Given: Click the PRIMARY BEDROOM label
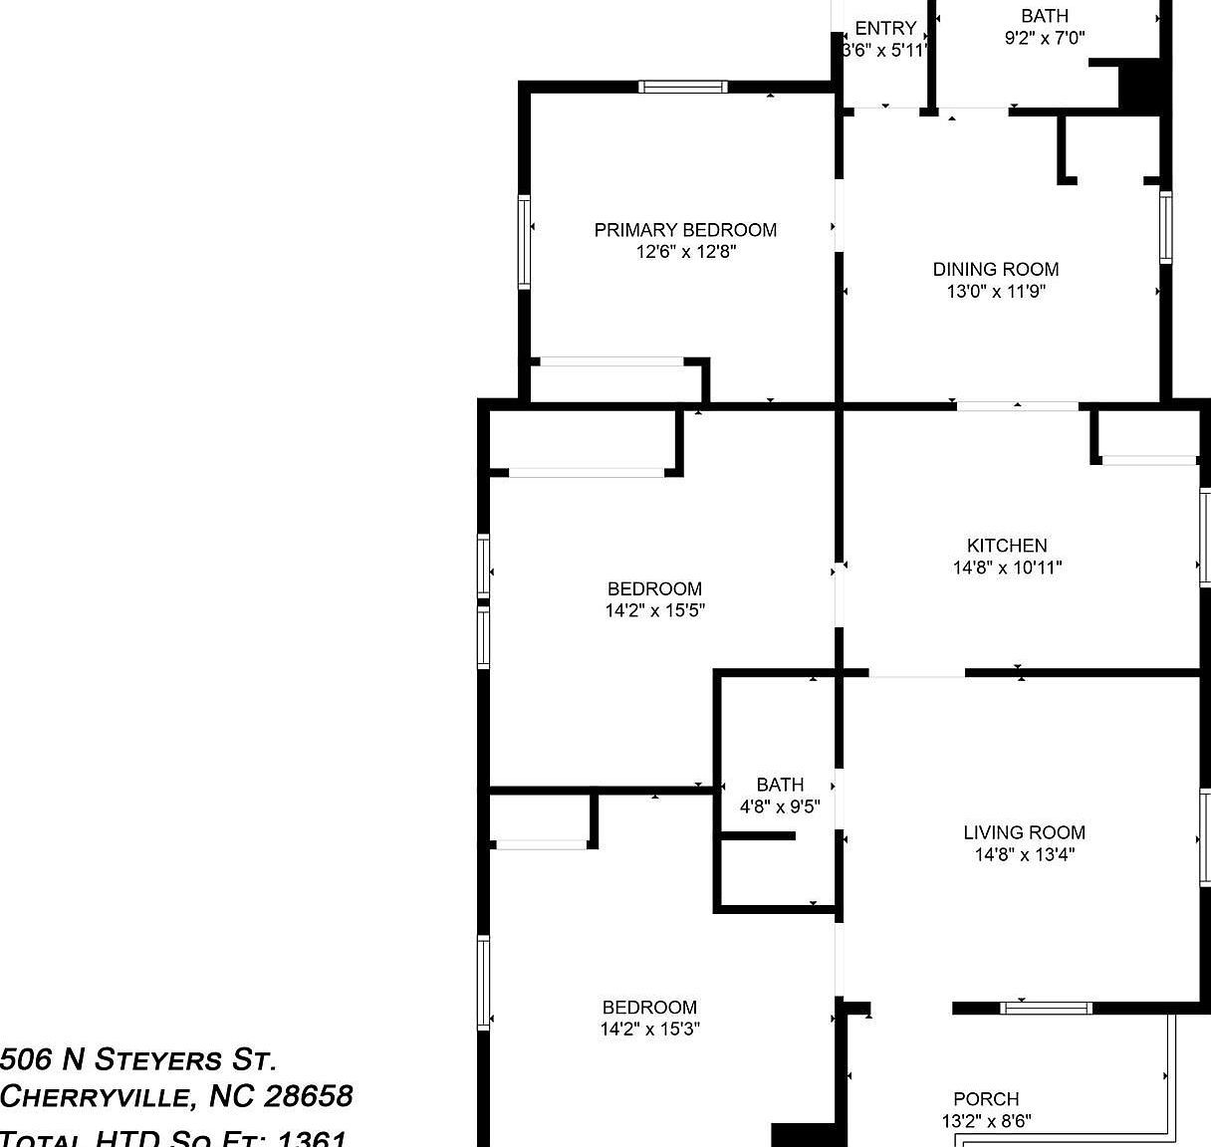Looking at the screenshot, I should [685, 230].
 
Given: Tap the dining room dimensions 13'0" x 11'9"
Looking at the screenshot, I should [995, 292].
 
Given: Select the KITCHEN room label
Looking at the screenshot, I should [1007, 546].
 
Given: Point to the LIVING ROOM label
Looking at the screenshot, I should [1024, 832].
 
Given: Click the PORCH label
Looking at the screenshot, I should [986, 1099].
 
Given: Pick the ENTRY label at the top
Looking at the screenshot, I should [885, 29].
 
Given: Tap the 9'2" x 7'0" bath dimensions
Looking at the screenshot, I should [1044, 38].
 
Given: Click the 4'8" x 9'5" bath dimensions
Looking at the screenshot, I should [779, 807].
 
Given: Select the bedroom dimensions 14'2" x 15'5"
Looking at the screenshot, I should [654, 610].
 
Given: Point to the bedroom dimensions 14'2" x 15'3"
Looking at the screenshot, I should [650, 1030].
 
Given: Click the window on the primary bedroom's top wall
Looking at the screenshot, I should [682, 87].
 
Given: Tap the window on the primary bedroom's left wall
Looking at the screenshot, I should [524, 243].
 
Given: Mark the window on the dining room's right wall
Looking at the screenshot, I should [1165, 227].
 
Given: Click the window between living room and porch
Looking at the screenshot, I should [1046, 1008].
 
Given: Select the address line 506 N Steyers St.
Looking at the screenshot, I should [138, 1058].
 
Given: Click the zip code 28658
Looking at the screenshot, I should [308, 1096].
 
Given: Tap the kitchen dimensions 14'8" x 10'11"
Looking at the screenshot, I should [1007, 569].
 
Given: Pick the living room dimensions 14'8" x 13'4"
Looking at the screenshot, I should [1024, 854].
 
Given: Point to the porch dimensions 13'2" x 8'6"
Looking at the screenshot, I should [986, 1121].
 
